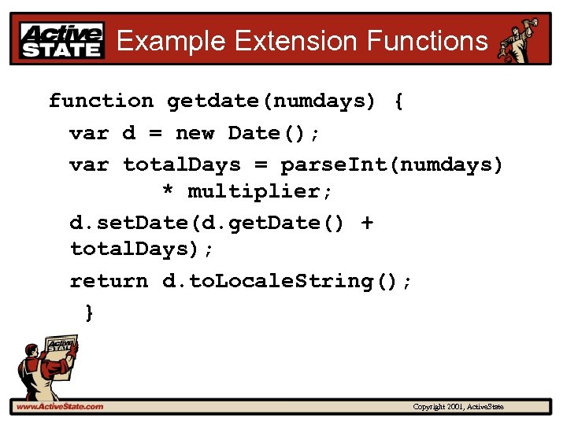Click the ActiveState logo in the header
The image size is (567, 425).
(62, 39)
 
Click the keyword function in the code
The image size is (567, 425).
(101, 101)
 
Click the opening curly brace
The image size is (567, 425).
(398, 101)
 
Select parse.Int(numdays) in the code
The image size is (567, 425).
(391, 164)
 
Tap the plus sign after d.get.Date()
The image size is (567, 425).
(366, 223)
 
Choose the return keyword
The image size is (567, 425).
(109, 281)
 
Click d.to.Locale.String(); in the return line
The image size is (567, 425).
(287, 281)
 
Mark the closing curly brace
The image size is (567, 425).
(89, 312)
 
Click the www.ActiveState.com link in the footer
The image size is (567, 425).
(60, 407)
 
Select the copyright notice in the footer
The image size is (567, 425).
(458, 407)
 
